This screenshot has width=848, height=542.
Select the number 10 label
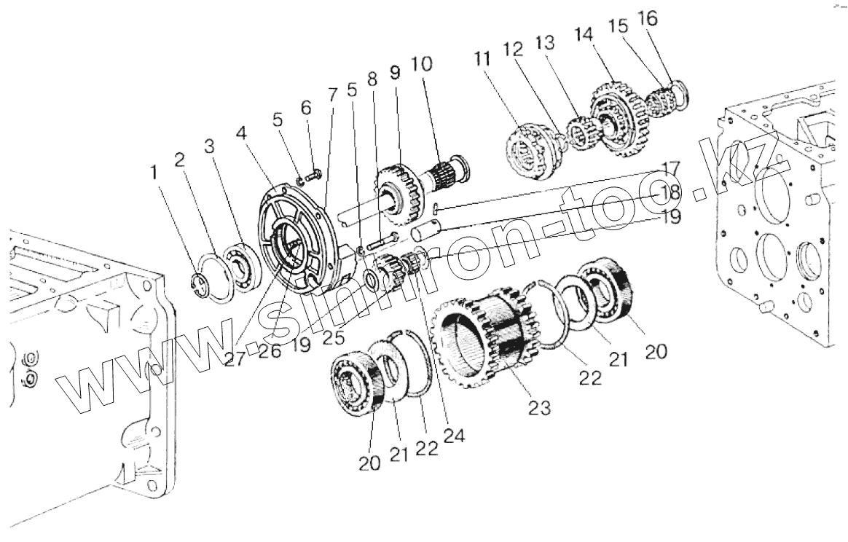(x=420, y=64)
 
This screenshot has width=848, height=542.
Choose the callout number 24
(x=455, y=435)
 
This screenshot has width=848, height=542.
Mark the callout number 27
(x=235, y=358)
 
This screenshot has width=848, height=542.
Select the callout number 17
(x=670, y=168)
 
